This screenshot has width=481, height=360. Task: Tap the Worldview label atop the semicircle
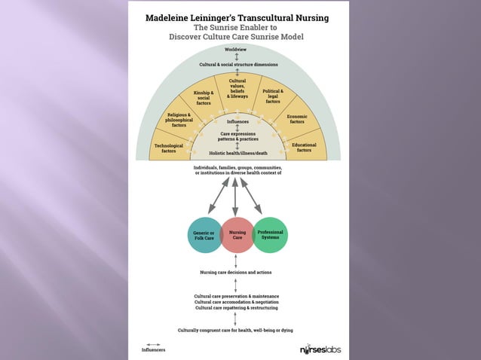(x=237, y=49)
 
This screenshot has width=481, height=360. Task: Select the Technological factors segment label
(x=169, y=148)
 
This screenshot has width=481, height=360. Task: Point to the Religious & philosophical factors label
(x=179, y=120)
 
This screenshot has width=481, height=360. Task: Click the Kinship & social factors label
(x=204, y=97)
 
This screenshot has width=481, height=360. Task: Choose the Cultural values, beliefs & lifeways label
(x=237, y=89)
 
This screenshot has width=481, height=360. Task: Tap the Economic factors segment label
(x=297, y=119)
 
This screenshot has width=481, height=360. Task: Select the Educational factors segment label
(x=304, y=147)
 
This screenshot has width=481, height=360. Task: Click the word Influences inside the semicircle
(x=237, y=121)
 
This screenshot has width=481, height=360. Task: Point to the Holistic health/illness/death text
(x=237, y=153)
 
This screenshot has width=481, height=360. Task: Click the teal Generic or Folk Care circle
(x=204, y=236)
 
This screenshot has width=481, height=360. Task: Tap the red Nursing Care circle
(x=237, y=236)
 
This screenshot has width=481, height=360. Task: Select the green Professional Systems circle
(x=270, y=235)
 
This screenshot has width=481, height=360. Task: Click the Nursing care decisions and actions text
(x=236, y=272)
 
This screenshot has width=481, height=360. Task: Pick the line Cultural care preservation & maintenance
(x=236, y=296)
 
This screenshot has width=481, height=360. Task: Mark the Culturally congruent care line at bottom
(x=235, y=330)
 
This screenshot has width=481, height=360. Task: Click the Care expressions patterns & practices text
(x=237, y=137)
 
